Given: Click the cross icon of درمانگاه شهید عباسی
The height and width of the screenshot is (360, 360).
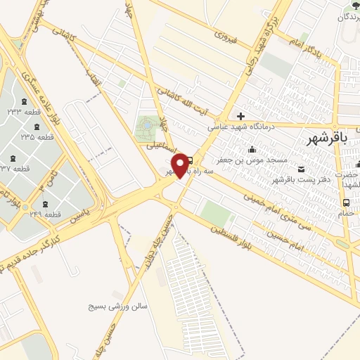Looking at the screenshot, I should [x=241, y=116].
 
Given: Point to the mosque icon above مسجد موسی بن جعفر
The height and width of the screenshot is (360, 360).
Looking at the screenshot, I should [x=252, y=148].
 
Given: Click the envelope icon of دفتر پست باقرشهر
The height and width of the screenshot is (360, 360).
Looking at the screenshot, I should [x=302, y=169].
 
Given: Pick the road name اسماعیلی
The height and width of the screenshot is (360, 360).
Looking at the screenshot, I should [x=160, y=148].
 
